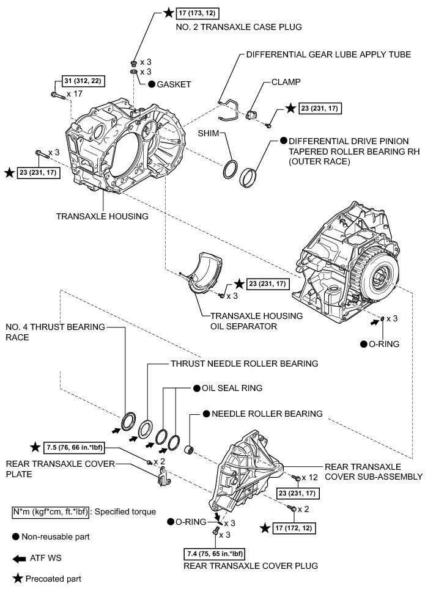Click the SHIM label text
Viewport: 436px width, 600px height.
click(x=209, y=133)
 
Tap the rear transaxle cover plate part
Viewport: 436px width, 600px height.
click(x=164, y=477)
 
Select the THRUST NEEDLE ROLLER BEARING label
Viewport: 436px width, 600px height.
click(x=243, y=364)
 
